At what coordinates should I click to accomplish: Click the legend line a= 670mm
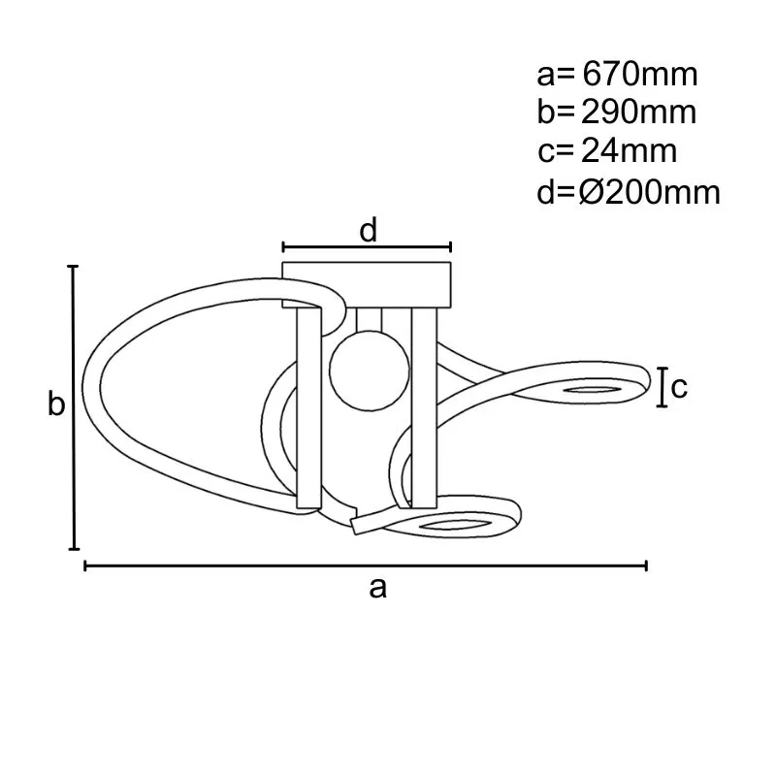(x=617, y=74)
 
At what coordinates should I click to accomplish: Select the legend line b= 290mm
(x=617, y=113)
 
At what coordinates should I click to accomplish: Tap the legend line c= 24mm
(x=607, y=151)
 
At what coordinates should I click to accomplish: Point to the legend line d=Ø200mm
(x=629, y=192)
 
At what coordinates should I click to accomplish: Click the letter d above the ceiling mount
(x=368, y=231)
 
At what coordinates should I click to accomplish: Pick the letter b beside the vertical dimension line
(x=57, y=404)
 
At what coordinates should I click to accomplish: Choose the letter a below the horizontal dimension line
(x=378, y=587)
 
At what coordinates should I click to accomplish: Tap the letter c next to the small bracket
(x=679, y=387)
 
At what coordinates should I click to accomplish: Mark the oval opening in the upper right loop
(x=593, y=390)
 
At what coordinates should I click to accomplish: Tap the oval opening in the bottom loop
(x=453, y=526)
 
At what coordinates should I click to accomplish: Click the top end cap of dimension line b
(x=73, y=266)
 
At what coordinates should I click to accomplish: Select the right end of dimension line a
(x=646, y=566)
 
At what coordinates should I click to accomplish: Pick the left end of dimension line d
(x=283, y=246)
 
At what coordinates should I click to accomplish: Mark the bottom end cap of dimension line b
(x=73, y=549)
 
